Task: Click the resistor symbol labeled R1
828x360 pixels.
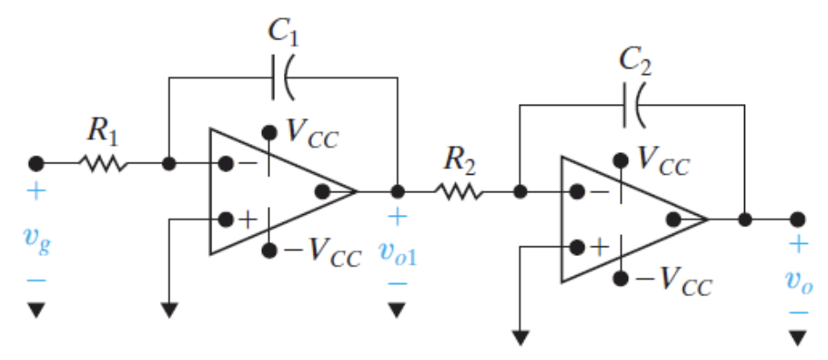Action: point(103,163)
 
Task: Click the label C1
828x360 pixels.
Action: point(284,32)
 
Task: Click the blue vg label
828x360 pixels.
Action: point(35,236)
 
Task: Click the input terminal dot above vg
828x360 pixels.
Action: point(36,163)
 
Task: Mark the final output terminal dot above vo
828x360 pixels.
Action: point(797,219)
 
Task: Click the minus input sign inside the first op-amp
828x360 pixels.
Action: point(248,163)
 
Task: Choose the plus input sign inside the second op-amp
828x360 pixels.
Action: point(599,246)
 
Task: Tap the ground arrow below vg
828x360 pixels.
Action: point(36,309)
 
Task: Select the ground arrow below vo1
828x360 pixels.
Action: point(397,308)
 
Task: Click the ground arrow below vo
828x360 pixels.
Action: point(797,336)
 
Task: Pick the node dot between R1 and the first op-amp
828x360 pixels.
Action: point(169,163)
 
